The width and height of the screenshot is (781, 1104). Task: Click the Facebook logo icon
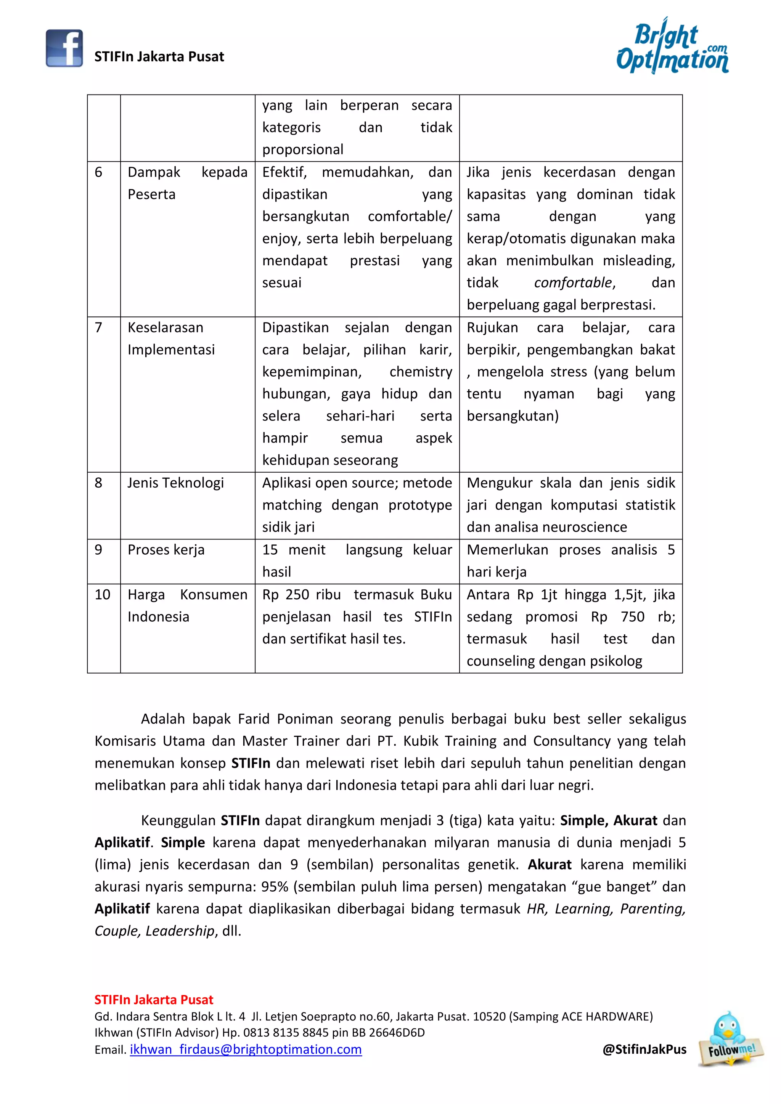click(64, 48)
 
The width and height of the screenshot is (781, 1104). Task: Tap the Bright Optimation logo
click(672, 46)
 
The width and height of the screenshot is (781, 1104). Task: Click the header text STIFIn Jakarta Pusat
click(159, 57)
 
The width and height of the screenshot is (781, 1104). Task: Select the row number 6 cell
click(99, 172)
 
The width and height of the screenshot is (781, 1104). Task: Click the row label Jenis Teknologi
click(175, 483)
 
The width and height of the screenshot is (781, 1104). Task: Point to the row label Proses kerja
click(166, 550)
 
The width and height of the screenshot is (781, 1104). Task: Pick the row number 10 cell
click(103, 595)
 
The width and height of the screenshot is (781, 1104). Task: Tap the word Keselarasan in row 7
click(166, 327)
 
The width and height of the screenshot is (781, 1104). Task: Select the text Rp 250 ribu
click(302, 595)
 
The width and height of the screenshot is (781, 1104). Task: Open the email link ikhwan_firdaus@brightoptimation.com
click(245, 1049)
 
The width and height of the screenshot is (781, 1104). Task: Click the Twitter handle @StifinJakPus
click(644, 1049)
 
